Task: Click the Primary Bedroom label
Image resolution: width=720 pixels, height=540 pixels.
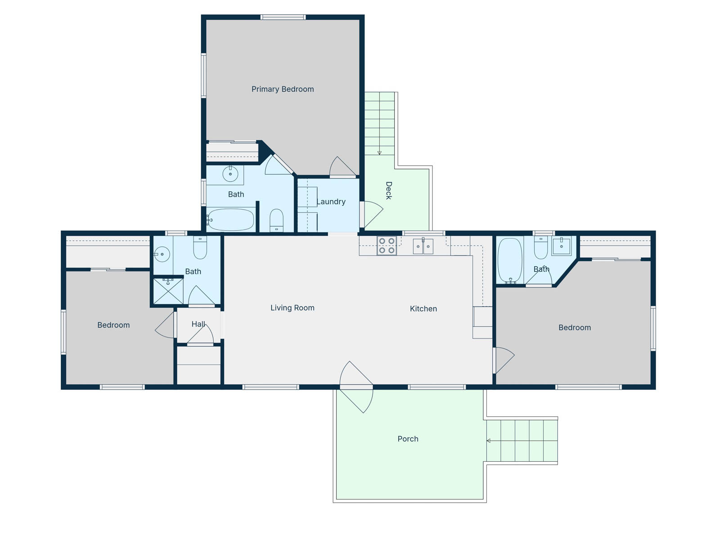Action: coord(283,89)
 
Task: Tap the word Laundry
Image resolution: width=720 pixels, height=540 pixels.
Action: coord(331,202)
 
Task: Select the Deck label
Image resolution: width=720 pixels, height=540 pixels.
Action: coord(389,190)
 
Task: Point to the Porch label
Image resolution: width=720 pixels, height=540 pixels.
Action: coord(408,439)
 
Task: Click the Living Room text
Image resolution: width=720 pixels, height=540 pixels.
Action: coord(292,307)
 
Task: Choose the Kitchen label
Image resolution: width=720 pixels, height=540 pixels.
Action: coord(423,309)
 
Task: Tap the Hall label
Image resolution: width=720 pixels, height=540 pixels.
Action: coord(198,324)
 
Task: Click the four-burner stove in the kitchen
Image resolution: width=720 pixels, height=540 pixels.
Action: coord(387,246)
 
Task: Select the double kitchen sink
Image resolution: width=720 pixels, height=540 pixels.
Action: coord(423,246)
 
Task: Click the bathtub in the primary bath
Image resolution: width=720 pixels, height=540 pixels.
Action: coord(231,220)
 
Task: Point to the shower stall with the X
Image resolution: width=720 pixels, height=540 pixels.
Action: coord(168,291)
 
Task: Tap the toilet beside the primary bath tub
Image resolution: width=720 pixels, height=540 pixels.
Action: coord(276,220)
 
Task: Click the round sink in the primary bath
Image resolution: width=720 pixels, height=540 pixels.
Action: coord(230,174)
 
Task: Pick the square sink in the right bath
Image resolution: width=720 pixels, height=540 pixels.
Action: coord(561,246)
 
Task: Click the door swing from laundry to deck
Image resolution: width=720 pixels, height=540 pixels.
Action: coord(373,215)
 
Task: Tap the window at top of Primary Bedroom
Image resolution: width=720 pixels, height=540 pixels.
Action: coord(283,17)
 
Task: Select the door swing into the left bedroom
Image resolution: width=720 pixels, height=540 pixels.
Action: coord(164,325)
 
